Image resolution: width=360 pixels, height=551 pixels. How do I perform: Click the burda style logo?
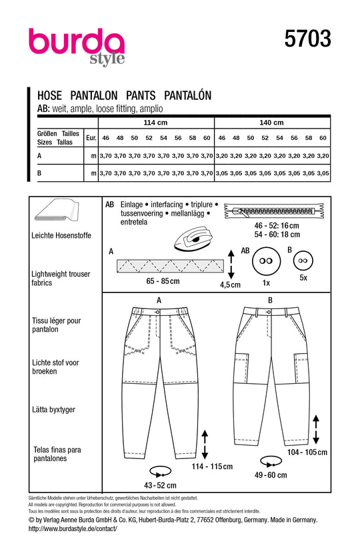point(77,47)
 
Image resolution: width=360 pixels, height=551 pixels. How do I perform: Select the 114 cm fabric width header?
point(155,123)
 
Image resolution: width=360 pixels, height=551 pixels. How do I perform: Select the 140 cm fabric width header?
point(272,123)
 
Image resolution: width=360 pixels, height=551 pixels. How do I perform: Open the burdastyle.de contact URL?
point(73,528)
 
